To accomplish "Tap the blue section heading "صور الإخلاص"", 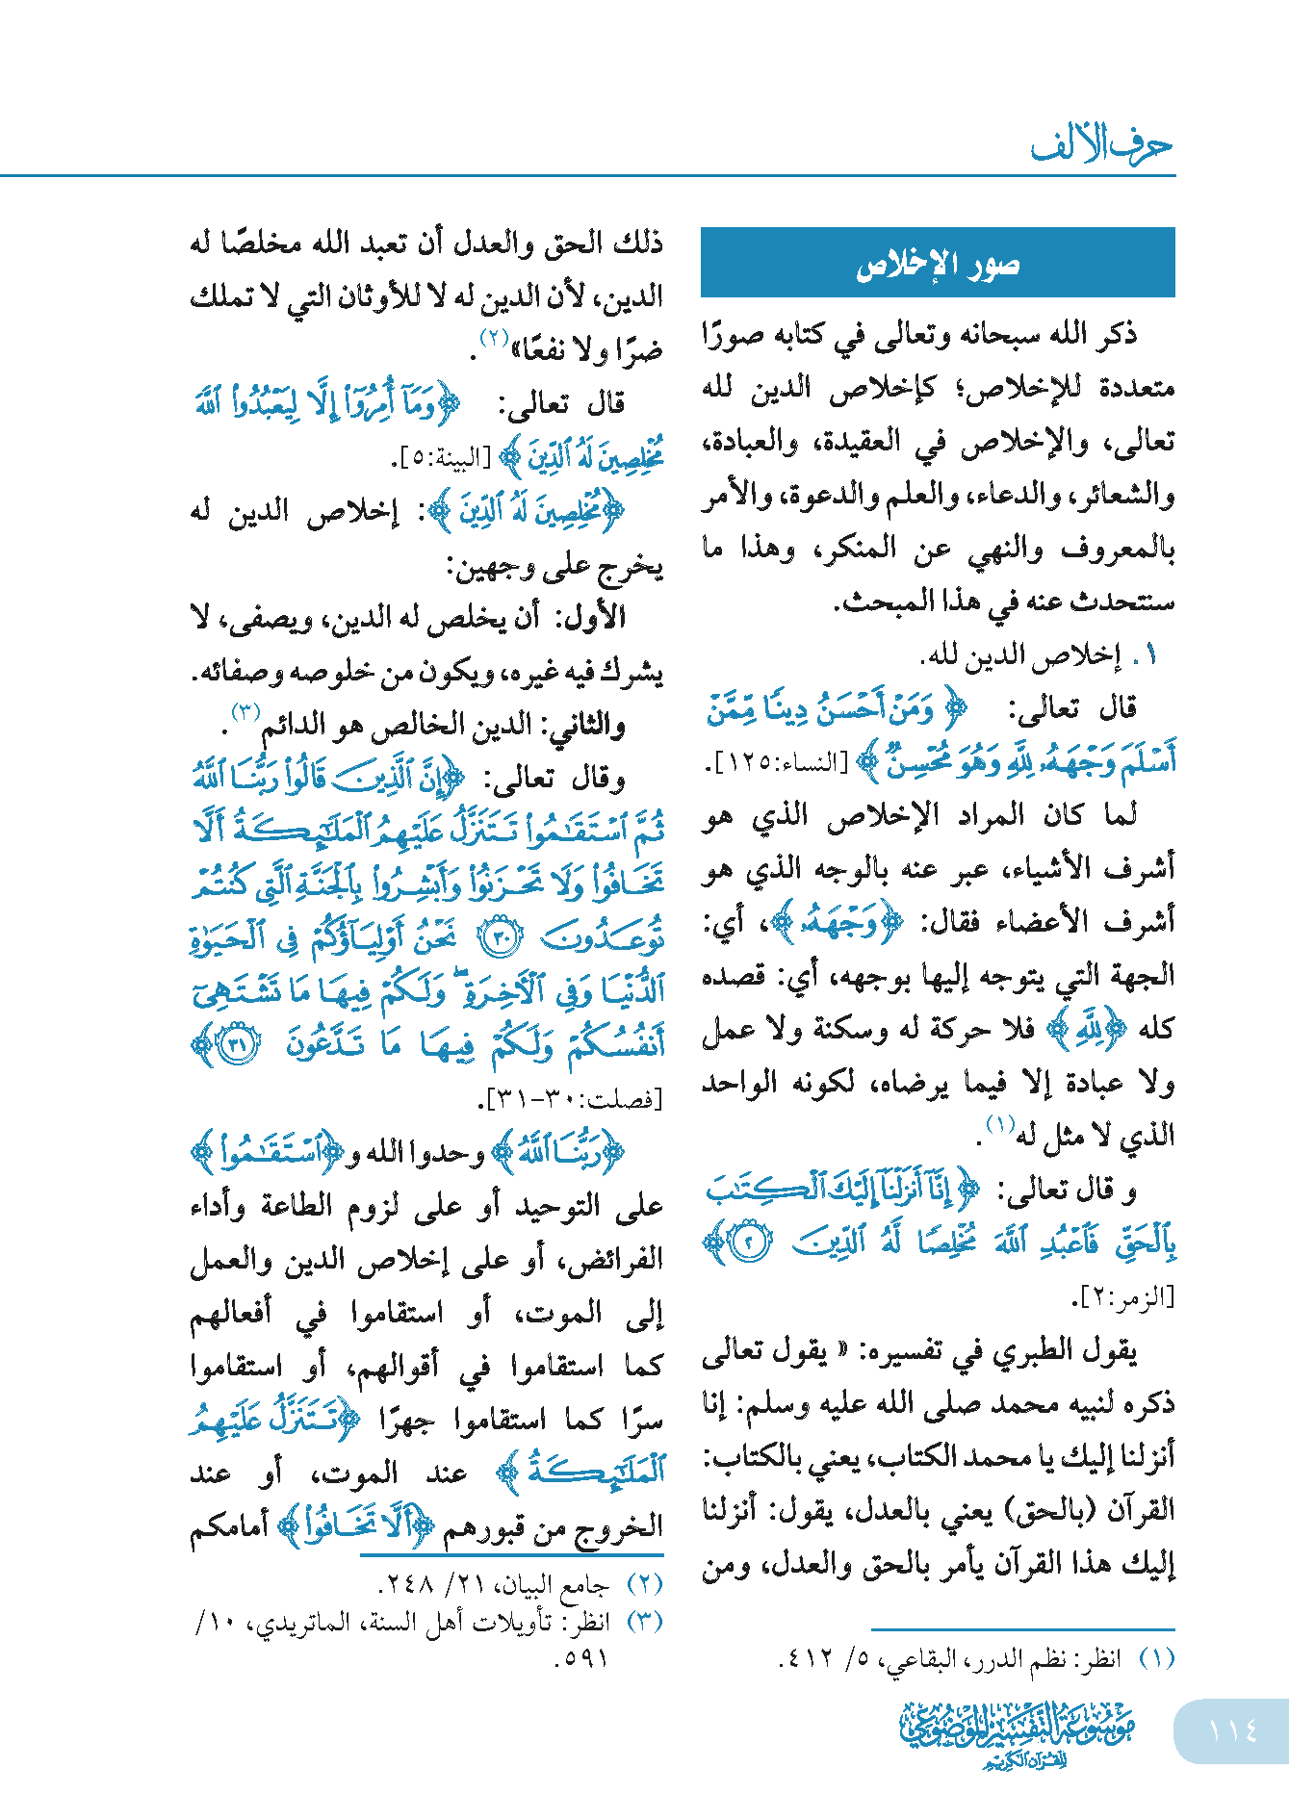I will (938, 264).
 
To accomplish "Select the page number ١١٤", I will (1232, 1730).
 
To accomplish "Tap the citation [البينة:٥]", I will (442, 459).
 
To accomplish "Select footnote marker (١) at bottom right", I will (1157, 1658).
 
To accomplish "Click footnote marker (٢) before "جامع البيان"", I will (645, 1583).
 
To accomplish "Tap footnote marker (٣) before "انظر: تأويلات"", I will (645, 1622).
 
